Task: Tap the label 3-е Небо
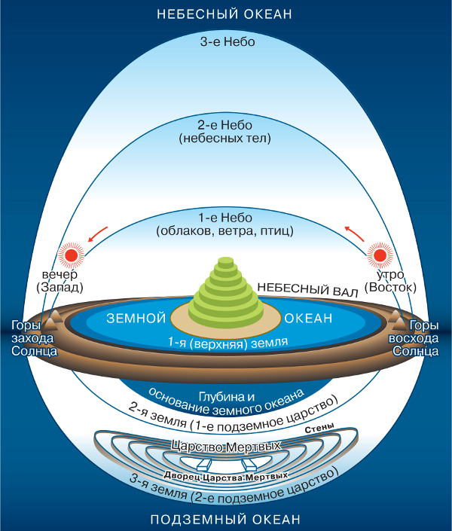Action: pos(226,42)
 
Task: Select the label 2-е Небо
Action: pos(226,125)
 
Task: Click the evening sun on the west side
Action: pos(72,255)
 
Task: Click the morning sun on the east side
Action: pos(379,255)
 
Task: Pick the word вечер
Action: pos(60,273)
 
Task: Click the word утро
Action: pos(389,273)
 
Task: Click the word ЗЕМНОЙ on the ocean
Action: pos(136,319)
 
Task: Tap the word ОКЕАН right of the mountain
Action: pos(310,319)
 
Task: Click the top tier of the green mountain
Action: pos(226,261)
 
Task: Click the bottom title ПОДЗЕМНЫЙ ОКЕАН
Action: pos(226,520)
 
